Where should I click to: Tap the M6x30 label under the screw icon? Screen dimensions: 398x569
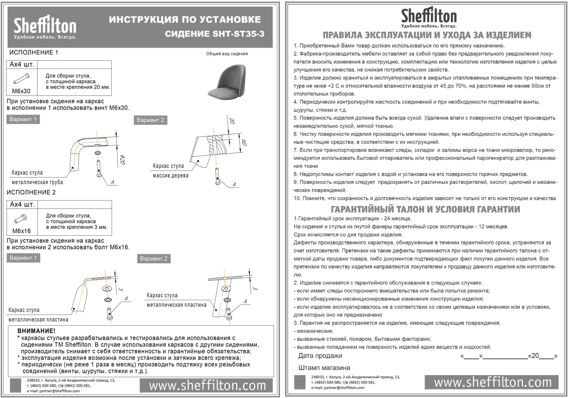coord(21,91)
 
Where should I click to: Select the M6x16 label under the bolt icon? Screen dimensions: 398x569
coord(21,231)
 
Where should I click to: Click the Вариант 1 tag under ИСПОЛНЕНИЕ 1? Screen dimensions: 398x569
coord(23,119)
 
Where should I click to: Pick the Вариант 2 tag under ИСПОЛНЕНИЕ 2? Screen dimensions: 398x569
coord(154,259)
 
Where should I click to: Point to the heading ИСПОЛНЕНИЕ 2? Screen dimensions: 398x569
coord(31,193)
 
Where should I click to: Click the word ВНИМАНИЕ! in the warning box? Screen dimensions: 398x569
coord(36,331)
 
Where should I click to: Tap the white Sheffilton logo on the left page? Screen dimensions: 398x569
coord(45,28)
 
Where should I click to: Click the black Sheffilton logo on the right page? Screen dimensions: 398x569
coord(429,17)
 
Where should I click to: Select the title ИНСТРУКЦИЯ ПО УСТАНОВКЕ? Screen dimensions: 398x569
coord(185,20)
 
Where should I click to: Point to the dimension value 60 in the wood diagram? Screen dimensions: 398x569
coord(244,143)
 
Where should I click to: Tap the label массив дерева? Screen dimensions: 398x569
coord(171,176)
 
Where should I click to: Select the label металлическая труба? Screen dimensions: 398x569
coord(37,182)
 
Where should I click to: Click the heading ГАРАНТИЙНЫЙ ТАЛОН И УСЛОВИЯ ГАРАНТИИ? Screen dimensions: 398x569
coord(425,209)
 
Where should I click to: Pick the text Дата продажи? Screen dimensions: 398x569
coord(320,356)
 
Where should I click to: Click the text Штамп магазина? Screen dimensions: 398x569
coord(324,368)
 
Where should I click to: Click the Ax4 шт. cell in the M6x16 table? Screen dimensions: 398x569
coord(22,204)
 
